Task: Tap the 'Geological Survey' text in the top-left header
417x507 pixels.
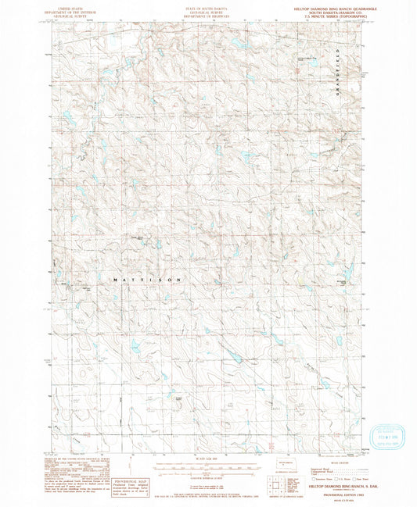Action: pyautogui.click(x=70, y=14)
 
